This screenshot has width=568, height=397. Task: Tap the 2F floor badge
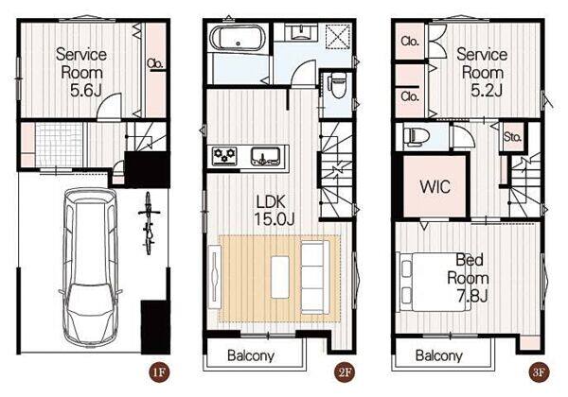pos(345,371)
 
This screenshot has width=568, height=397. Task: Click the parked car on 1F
pos(91,268)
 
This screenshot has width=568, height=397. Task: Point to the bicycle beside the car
pos(149,223)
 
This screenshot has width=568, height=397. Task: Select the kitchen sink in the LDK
pos(266,156)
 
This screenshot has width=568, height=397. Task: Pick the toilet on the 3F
pos(416,136)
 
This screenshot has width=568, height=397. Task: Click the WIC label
pos(435,186)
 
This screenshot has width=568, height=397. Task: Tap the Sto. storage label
pos(512,137)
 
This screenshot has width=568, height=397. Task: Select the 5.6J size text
pos(85,91)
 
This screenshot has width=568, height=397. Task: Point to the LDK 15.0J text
pos(274,211)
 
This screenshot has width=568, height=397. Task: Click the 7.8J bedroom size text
pos(472,296)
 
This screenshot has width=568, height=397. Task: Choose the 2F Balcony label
pos(251,355)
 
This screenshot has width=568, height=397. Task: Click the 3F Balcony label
pos(438,355)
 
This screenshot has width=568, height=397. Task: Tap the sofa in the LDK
pos(314,278)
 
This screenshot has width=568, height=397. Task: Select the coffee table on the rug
pos(280,277)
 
